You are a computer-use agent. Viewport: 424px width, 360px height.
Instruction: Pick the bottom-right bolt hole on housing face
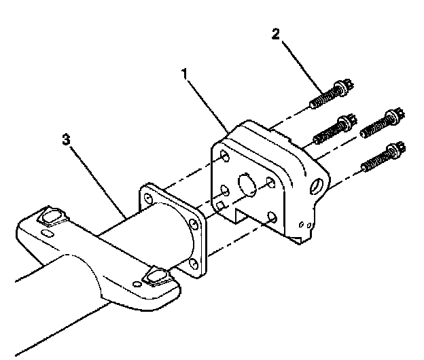[x=272, y=217]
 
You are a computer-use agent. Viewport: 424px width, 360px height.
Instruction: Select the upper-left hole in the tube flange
[x=147, y=197]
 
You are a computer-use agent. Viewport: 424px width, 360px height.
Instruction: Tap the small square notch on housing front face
[x=220, y=204]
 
